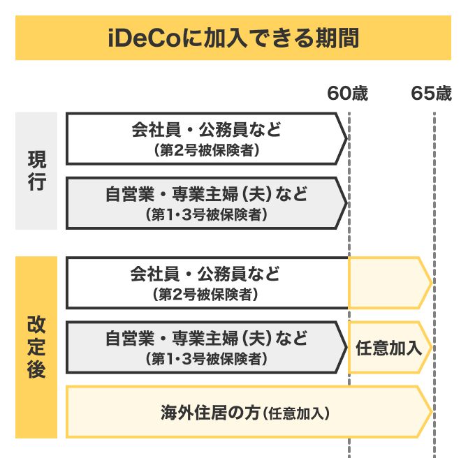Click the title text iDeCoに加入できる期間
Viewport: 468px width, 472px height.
click(x=233, y=38)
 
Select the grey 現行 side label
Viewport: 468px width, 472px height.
click(x=36, y=170)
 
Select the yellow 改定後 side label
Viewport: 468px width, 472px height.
click(x=36, y=347)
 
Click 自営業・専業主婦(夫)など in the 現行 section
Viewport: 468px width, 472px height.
click(x=206, y=193)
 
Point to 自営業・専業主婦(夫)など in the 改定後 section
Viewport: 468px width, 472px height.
click(x=206, y=339)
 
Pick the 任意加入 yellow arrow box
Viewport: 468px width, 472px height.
click(x=388, y=347)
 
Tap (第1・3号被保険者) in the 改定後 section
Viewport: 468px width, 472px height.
click(x=206, y=359)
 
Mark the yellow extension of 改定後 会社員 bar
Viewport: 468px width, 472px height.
click(x=388, y=283)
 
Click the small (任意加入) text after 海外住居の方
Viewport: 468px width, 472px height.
click(x=296, y=413)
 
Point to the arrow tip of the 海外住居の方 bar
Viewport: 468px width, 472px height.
click(x=427, y=412)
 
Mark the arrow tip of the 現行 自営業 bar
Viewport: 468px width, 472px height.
click(x=343, y=202)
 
